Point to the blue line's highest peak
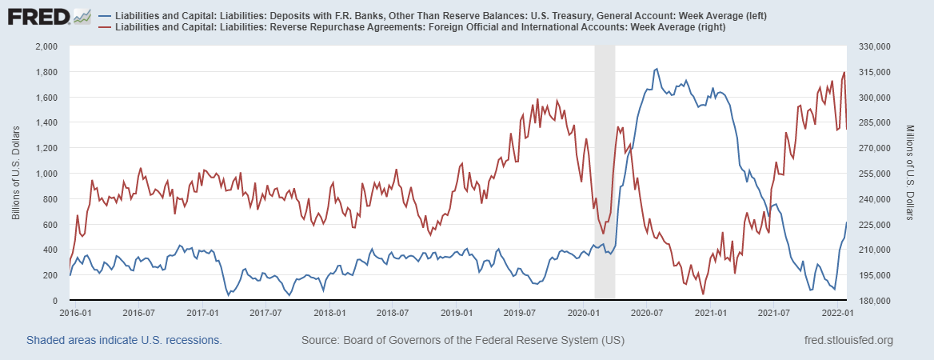(x=657, y=69)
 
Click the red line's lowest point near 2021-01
(x=703, y=294)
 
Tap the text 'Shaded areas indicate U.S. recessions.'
(x=124, y=341)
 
